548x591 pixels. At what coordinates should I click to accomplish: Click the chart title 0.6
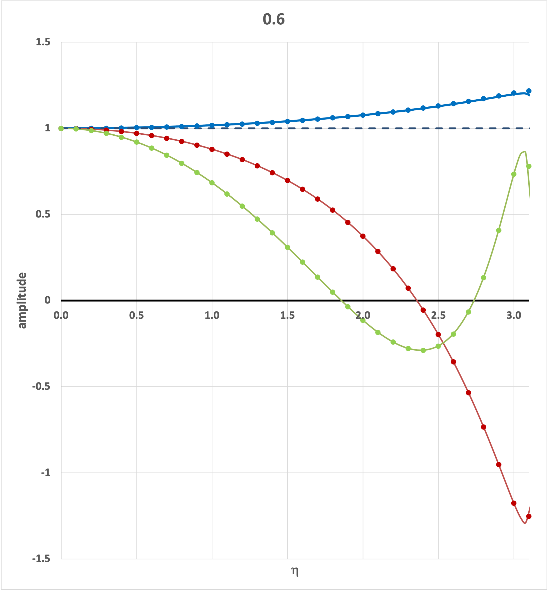click(274, 20)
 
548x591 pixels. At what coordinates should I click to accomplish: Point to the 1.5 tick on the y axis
click(43, 42)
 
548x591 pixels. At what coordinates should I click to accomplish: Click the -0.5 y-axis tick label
click(41, 387)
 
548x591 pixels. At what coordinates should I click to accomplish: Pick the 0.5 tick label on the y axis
click(43, 214)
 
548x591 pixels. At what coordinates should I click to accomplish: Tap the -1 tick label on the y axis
click(45, 473)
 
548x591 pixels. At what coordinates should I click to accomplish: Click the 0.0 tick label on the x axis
click(61, 315)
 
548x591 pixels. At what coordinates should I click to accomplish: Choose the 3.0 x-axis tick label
click(514, 315)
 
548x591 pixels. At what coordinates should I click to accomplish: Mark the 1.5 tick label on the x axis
click(287, 315)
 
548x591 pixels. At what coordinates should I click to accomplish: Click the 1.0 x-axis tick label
click(212, 315)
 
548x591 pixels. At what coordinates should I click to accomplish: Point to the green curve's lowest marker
click(423, 350)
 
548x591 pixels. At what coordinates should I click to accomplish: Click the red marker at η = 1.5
click(287, 180)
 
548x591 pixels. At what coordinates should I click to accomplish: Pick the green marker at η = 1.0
click(212, 183)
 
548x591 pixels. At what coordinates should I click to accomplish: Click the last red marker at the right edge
click(529, 516)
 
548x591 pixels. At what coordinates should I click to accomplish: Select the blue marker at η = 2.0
click(363, 115)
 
